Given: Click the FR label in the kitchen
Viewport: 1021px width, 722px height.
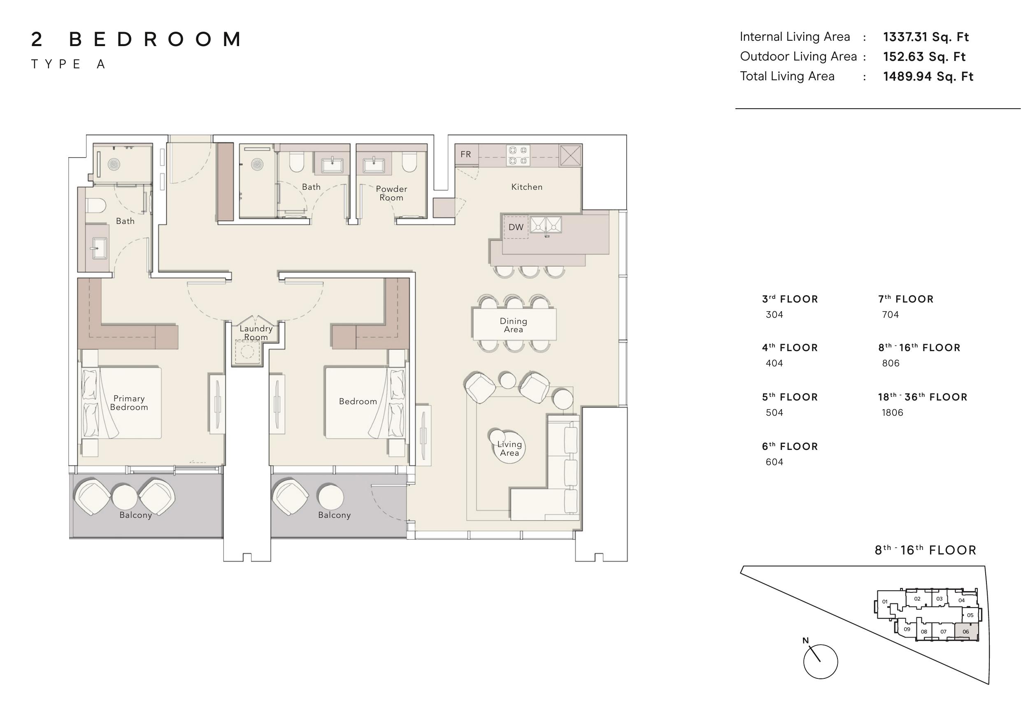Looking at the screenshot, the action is coord(465,154).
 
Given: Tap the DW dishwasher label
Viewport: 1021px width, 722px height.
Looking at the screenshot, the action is coord(516,227).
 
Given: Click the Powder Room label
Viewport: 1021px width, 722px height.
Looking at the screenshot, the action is coord(391,193).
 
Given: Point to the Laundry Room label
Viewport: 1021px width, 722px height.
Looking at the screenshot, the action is coord(256,333).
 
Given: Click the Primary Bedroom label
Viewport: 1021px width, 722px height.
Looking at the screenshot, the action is coord(129,403).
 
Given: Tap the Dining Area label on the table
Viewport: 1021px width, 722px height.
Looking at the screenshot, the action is coord(513,325).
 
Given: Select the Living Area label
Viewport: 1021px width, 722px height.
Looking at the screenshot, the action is coord(509,448).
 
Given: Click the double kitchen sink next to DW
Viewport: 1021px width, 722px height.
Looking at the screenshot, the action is coord(546,225).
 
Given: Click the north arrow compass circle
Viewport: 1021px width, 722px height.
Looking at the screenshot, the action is coord(821,661).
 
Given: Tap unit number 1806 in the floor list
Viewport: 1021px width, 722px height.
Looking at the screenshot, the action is coord(893,412).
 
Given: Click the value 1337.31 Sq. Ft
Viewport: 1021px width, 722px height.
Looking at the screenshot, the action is coord(926,37).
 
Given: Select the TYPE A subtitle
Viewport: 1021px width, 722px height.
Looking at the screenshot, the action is coord(68,64).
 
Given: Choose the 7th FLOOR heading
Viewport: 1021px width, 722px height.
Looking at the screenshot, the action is coord(906,299).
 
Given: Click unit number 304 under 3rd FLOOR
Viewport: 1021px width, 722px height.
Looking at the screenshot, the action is coord(774,314).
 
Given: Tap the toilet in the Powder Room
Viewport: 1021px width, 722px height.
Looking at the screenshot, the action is coord(409,162).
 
